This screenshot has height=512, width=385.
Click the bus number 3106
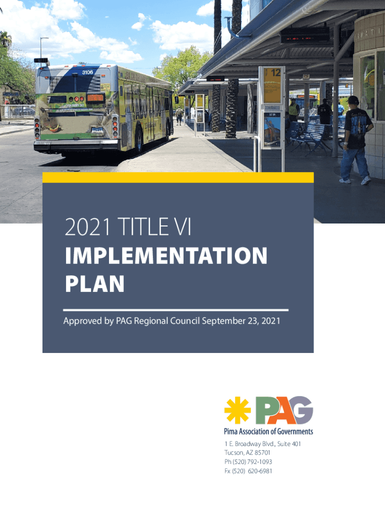click(87, 72)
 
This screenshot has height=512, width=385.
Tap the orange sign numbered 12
click(272, 85)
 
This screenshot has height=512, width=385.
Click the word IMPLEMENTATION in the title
click(166, 255)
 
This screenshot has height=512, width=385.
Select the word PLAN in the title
click(94, 283)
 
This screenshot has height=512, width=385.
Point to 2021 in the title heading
click(87, 226)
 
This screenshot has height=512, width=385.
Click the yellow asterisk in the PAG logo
click(237, 410)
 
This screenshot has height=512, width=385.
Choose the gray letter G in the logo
click(301, 410)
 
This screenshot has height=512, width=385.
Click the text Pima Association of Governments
click(268, 431)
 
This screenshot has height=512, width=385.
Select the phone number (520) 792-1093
click(252, 461)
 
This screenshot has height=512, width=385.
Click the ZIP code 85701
click(262, 452)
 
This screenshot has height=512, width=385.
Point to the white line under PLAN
click(175, 310)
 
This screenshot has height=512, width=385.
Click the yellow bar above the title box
click(178, 177)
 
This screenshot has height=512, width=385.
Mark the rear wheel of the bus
click(139, 140)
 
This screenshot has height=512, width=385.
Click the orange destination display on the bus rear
click(95, 97)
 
